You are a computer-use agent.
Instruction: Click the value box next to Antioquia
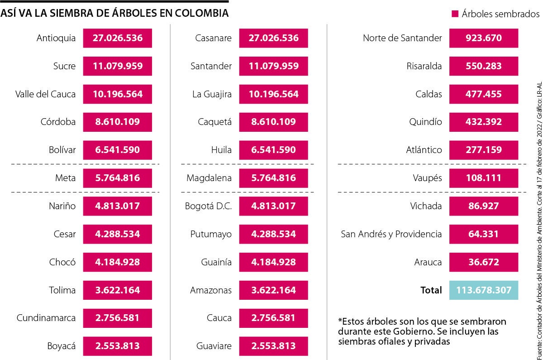click(x=117, y=38)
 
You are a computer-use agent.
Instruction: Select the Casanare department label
click(x=213, y=38)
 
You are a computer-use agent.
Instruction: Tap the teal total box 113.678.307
click(x=483, y=290)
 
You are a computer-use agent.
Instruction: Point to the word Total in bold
click(x=431, y=290)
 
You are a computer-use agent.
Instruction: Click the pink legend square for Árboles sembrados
click(x=455, y=14)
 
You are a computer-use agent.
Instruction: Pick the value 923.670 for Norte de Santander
click(x=483, y=38)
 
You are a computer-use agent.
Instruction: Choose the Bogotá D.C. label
click(x=208, y=206)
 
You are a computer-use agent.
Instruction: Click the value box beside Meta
click(x=117, y=178)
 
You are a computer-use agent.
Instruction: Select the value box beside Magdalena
click(x=273, y=178)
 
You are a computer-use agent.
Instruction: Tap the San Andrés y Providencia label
click(x=391, y=234)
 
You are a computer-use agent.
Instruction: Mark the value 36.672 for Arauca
click(x=483, y=262)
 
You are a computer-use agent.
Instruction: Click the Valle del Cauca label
click(x=45, y=94)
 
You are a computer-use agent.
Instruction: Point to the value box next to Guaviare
click(x=273, y=346)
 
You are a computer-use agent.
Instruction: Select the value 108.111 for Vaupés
click(x=483, y=178)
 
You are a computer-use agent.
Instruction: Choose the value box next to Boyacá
click(x=117, y=346)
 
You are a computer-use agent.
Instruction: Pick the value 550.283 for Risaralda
click(x=483, y=66)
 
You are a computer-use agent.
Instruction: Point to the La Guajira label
click(x=212, y=94)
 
